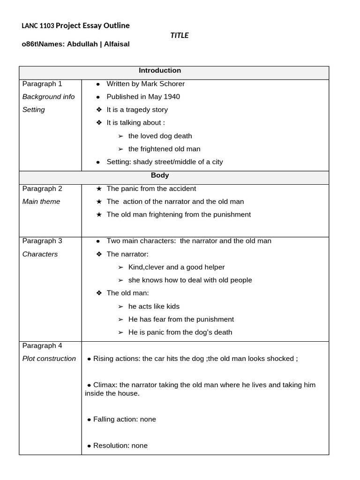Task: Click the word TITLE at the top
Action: (180, 35)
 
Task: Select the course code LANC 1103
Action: (38, 26)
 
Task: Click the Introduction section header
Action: (160, 71)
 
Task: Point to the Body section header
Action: (160, 176)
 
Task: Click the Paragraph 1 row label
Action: (42, 84)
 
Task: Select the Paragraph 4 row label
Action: (42, 346)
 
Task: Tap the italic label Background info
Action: (49, 97)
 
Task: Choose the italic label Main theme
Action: (41, 202)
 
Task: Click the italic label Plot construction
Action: (49, 359)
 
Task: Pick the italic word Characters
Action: (40, 254)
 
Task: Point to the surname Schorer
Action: (171, 84)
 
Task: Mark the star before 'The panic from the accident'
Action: (98, 188)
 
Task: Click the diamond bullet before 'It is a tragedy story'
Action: (98, 110)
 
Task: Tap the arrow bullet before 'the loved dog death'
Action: (120, 136)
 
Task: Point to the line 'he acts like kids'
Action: (154, 307)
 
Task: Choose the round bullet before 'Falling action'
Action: (89, 420)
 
